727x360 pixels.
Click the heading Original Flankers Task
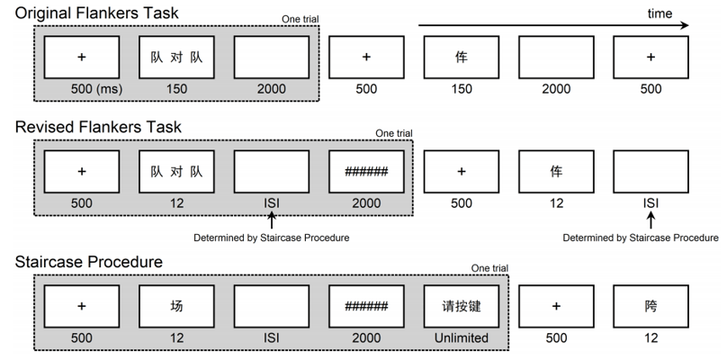(96, 13)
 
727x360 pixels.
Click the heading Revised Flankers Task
(98, 127)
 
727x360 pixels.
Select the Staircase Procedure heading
(89, 262)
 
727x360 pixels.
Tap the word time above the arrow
(660, 13)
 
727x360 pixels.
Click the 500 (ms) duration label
(96, 88)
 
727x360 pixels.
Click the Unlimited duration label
(462, 337)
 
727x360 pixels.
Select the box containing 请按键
(462, 306)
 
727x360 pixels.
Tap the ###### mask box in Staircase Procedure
(366, 306)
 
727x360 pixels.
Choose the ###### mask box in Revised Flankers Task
(366, 171)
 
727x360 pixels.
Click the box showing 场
(176, 306)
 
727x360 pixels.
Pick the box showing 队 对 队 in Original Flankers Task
(176, 57)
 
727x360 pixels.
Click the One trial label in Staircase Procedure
(489, 268)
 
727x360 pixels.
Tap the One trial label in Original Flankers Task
(301, 20)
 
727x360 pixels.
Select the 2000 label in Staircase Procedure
(366, 337)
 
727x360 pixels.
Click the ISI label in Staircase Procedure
(271, 337)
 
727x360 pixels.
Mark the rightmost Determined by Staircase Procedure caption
(641, 238)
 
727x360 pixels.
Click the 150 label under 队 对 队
(176, 88)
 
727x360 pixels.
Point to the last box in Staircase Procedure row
(651, 306)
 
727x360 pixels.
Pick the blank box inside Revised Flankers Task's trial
(271, 171)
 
